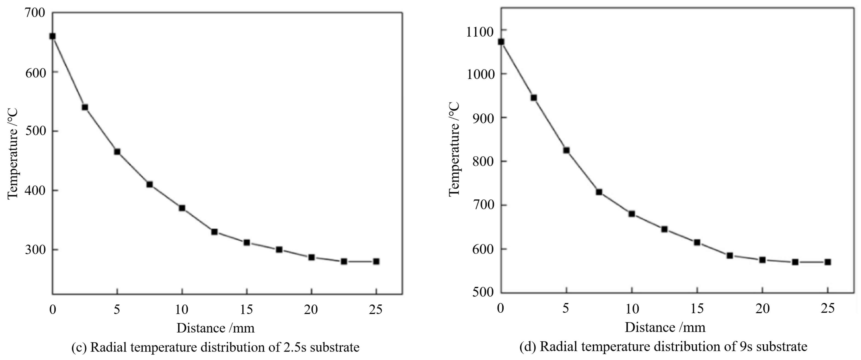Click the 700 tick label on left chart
click(35, 13)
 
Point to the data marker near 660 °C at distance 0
click(53, 36)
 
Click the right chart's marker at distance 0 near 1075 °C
click(501, 42)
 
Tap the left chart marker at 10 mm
click(182, 208)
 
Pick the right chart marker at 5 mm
click(566, 150)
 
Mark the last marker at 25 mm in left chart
click(376, 261)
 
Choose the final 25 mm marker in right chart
click(828, 262)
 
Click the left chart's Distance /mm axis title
click(215, 328)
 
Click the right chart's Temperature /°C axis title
click(454, 149)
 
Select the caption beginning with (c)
click(215, 347)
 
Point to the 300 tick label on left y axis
click(35, 250)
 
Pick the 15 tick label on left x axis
click(246, 310)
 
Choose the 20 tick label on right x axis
click(762, 308)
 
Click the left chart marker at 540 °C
click(85, 107)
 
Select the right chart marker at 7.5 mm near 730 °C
click(599, 192)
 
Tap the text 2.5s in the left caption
click(295, 347)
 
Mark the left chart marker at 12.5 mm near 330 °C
click(214, 232)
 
